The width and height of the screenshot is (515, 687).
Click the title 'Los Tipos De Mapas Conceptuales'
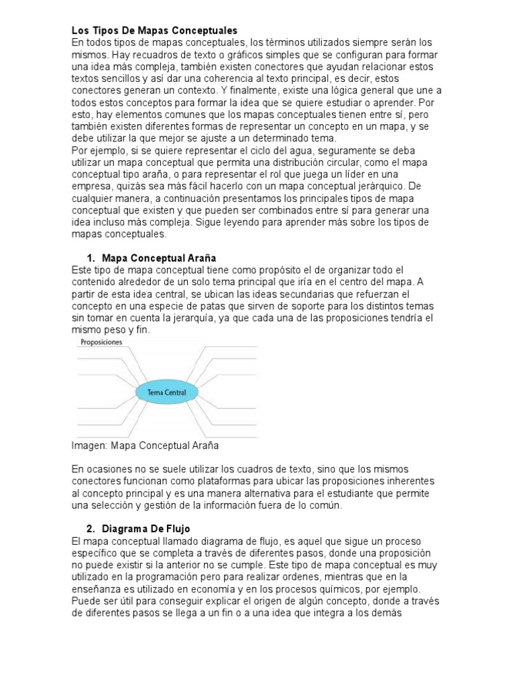pyautogui.click(x=154, y=30)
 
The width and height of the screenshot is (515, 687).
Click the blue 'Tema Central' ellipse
pyautogui.click(x=164, y=392)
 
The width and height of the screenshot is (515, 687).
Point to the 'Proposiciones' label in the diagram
pyautogui.click(x=103, y=342)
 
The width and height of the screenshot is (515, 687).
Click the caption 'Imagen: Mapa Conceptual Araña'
pyautogui.click(x=145, y=445)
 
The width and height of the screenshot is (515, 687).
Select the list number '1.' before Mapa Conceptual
pyautogui.click(x=92, y=258)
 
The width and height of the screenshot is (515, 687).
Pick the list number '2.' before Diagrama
pyautogui.click(x=92, y=529)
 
